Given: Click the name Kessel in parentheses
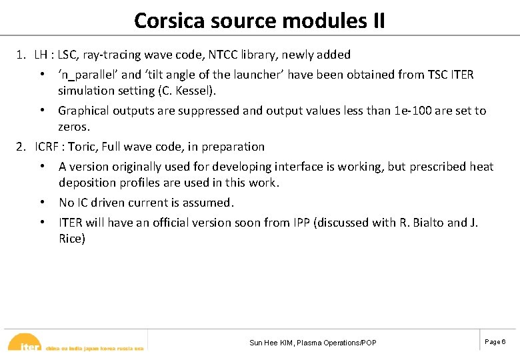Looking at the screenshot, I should click(210, 90).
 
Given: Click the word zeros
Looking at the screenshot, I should click(73, 127).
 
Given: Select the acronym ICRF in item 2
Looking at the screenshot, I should click(49, 147).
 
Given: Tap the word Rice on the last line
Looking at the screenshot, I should click(70, 239).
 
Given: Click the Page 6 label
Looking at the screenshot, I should click(495, 342).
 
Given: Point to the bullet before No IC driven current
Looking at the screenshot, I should click(41, 203).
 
